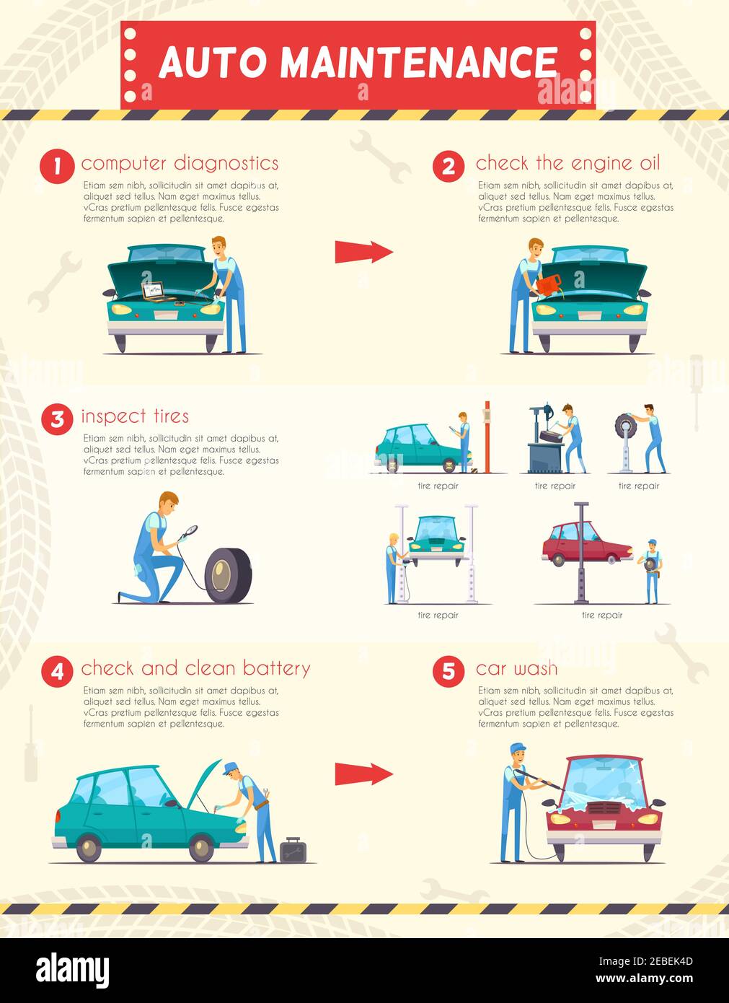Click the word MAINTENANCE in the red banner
coord(418,63)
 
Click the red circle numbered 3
coord(56,419)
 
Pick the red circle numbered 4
coord(56,672)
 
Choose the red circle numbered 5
coord(449,672)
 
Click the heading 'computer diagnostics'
coord(180,164)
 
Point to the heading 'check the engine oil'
coord(567,164)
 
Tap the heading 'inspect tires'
coord(135,416)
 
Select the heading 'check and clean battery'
coord(195,669)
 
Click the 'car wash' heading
coord(516,669)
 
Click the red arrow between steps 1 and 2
coord(363,252)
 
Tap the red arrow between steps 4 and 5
coord(363,774)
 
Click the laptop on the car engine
coord(154,290)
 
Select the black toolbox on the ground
coord(293,850)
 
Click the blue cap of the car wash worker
coord(517,747)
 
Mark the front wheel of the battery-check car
coord(201,847)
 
